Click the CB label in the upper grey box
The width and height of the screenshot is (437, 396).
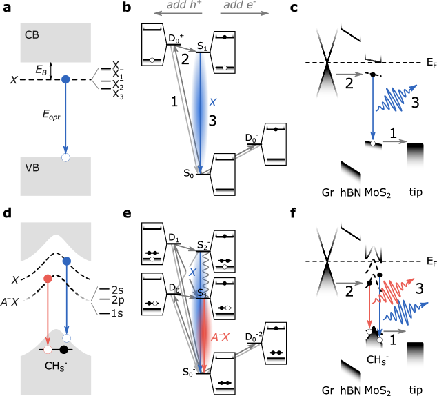(x=32, y=34)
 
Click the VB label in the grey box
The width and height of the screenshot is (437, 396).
(x=32, y=167)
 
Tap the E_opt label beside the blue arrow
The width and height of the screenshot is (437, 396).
(x=50, y=116)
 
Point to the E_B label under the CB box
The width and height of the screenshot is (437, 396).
(x=41, y=69)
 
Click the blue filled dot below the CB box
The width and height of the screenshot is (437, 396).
(x=66, y=79)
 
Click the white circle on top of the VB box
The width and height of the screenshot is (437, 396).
(x=66, y=157)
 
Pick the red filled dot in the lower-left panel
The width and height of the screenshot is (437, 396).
(x=48, y=278)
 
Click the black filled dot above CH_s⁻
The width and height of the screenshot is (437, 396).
(x=63, y=350)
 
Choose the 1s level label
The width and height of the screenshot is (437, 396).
(x=117, y=313)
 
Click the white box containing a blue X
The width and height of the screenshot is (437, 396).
(x=192, y=273)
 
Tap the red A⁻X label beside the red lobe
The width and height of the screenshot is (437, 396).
(x=220, y=337)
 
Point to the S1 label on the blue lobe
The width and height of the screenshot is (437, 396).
(x=203, y=293)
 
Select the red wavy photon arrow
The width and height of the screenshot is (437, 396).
(x=394, y=291)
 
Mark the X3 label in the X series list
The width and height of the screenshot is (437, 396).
(x=118, y=95)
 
